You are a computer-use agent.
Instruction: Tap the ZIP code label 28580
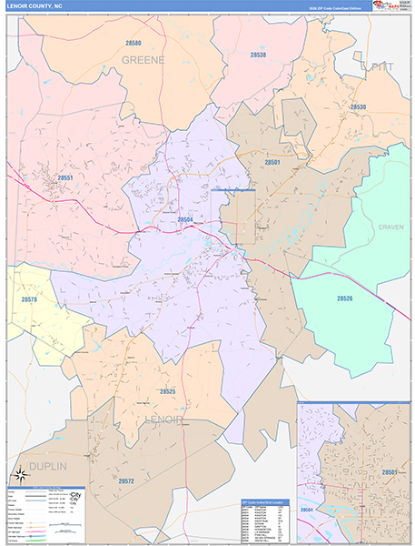134,43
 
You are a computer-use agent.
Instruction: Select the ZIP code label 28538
258,55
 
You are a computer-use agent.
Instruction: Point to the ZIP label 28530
358,107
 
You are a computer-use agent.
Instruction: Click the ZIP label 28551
64,178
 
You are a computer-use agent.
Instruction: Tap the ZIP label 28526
344,298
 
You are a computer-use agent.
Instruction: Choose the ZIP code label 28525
167,390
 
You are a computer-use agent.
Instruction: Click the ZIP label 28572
126,480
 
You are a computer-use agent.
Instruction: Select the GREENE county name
143,60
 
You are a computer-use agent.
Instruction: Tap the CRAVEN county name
391,227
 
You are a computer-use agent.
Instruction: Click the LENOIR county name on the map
170,420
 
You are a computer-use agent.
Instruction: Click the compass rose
19,474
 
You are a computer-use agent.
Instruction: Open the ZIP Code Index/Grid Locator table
267,521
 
